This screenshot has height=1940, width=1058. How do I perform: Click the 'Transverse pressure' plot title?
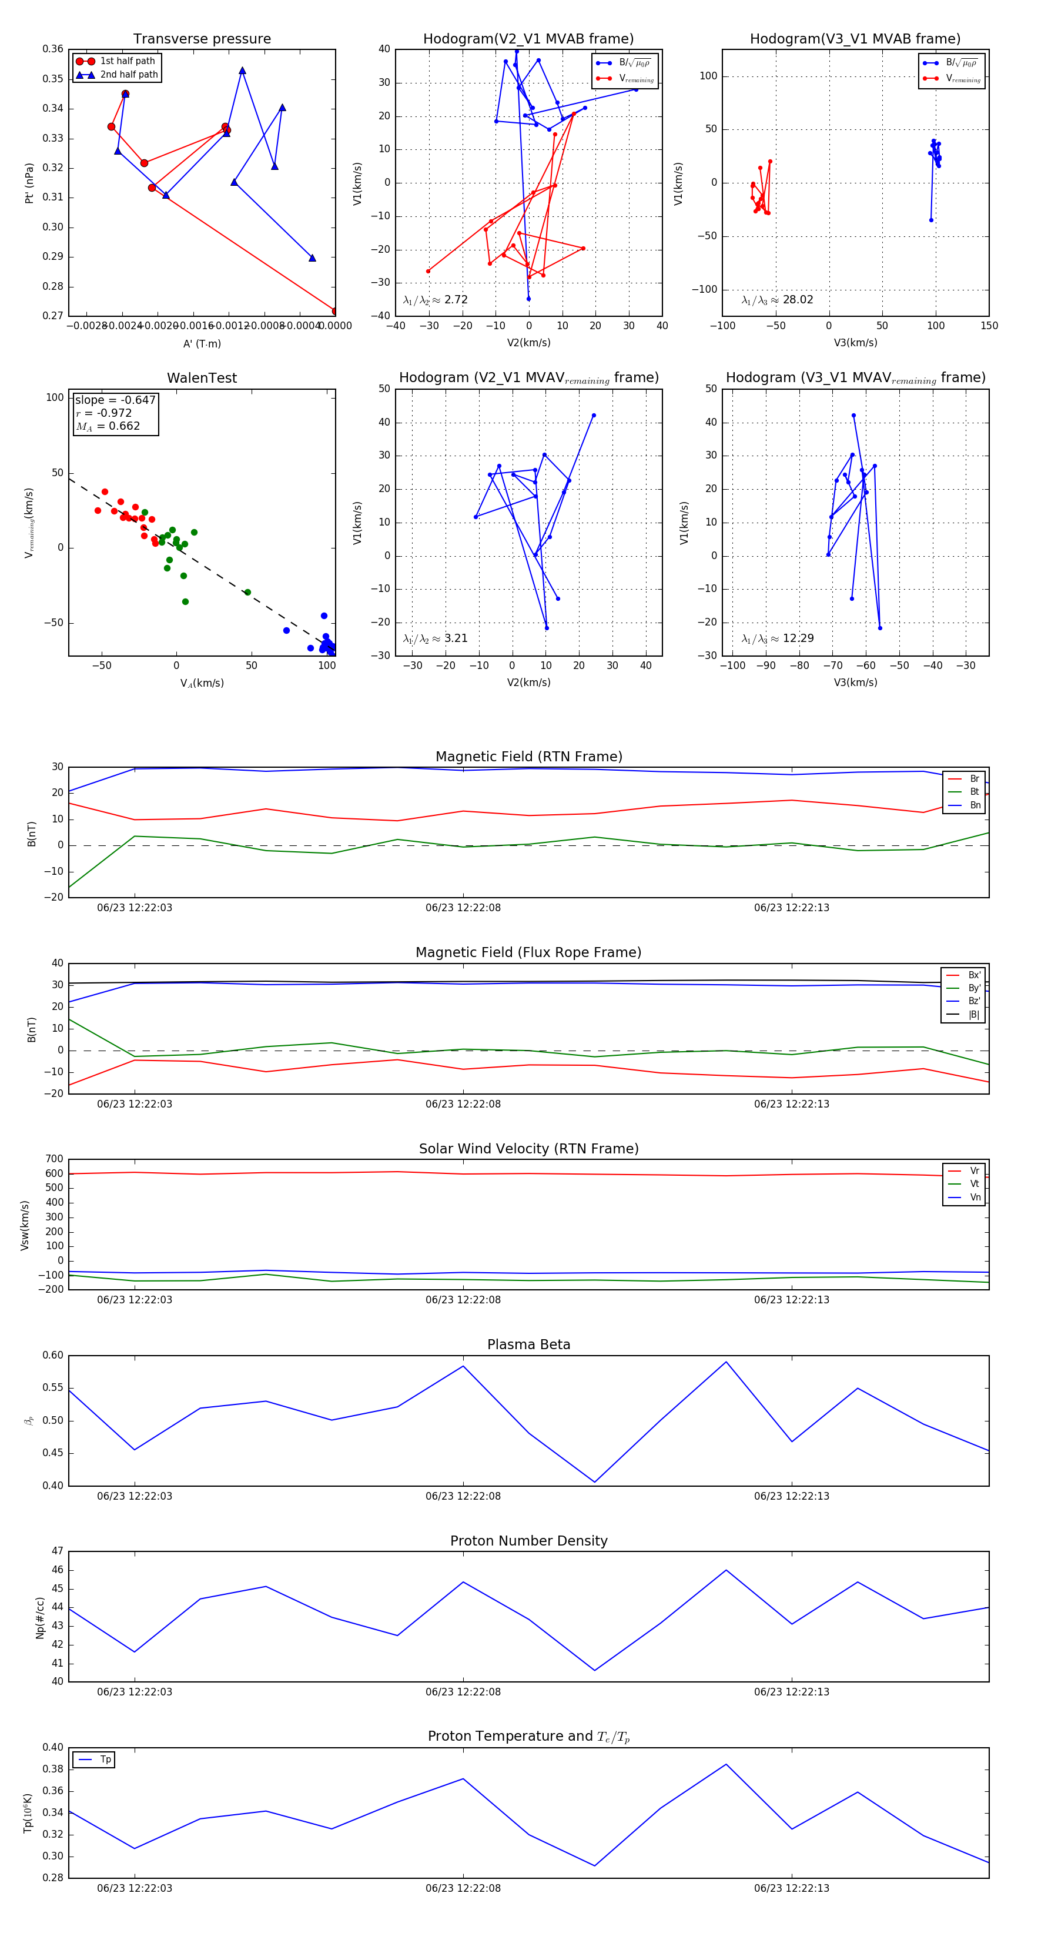point(202,39)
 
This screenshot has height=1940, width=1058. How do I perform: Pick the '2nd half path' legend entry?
point(129,75)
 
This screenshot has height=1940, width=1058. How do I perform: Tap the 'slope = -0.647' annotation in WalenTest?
point(115,400)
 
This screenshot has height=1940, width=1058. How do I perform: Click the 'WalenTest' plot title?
point(202,378)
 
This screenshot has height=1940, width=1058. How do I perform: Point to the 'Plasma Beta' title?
point(528,1344)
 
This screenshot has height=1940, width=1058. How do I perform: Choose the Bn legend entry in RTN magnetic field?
point(975,805)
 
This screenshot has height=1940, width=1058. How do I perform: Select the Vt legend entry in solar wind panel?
point(975,1184)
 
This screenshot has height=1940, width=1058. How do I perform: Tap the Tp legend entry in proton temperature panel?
point(105,1760)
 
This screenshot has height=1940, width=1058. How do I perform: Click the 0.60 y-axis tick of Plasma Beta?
point(53,1355)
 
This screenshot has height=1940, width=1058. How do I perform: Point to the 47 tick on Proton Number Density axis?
point(57,1551)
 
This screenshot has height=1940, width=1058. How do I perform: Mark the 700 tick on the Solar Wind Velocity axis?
point(54,1159)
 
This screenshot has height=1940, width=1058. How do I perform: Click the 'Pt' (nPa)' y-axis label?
point(29,183)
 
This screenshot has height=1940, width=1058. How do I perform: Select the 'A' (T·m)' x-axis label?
point(202,343)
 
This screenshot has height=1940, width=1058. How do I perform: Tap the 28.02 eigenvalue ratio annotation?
point(777,300)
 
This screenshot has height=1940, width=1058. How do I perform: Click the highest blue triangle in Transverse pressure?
point(242,71)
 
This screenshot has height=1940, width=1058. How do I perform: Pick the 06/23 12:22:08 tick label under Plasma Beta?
point(463,1496)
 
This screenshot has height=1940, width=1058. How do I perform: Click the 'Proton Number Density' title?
point(528,1541)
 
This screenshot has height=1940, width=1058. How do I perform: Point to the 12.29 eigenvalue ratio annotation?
point(777,638)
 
